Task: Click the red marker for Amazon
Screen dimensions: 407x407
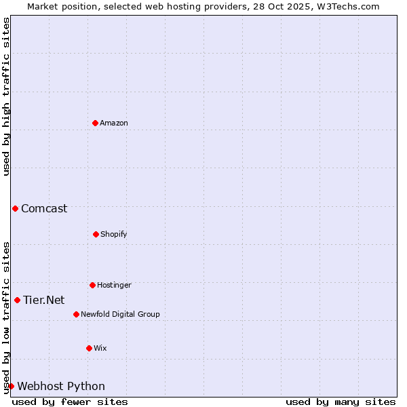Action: pyautogui.click(x=95, y=123)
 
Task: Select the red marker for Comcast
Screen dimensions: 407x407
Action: pyautogui.click(x=15, y=208)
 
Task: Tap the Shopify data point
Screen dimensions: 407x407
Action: pyautogui.click(x=96, y=234)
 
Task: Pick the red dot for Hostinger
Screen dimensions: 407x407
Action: pyautogui.click(x=92, y=285)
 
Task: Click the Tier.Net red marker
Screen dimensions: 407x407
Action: pyautogui.click(x=17, y=300)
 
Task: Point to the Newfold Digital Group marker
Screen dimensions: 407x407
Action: pyautogui.click(x=76, y=314)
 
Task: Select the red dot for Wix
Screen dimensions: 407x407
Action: pyautogui.click(x=89, y=348)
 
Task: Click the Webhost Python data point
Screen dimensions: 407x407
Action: pyautogui.click(x=11, y=386)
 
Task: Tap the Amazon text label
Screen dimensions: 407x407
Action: pyautogui.click(x=114, y=123)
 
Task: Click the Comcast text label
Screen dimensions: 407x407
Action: pyautogui.click(x=44, y=208)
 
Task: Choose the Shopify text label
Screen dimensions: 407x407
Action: pyautogui.click(x=114, y=234)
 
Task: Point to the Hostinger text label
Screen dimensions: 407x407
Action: pyautogui.click(x=114, y=285)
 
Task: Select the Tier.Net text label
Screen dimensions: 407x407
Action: pyautogui.click(x=43, y=300)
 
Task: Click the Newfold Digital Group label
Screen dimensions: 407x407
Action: pyautogui.click(x=120, y=314)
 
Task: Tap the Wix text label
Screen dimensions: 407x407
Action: pyautogui.click(x=100, y=348)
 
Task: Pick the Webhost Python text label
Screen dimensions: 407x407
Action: pyautogui.click(x=61, y=386)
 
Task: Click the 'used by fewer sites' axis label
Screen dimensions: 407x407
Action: pyautogui.click(x=70, y=402)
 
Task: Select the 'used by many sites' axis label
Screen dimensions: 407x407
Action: pyautogui.click(x=341, y=402)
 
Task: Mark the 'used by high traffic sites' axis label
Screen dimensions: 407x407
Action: pyautogui.click(x=6, y=96)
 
